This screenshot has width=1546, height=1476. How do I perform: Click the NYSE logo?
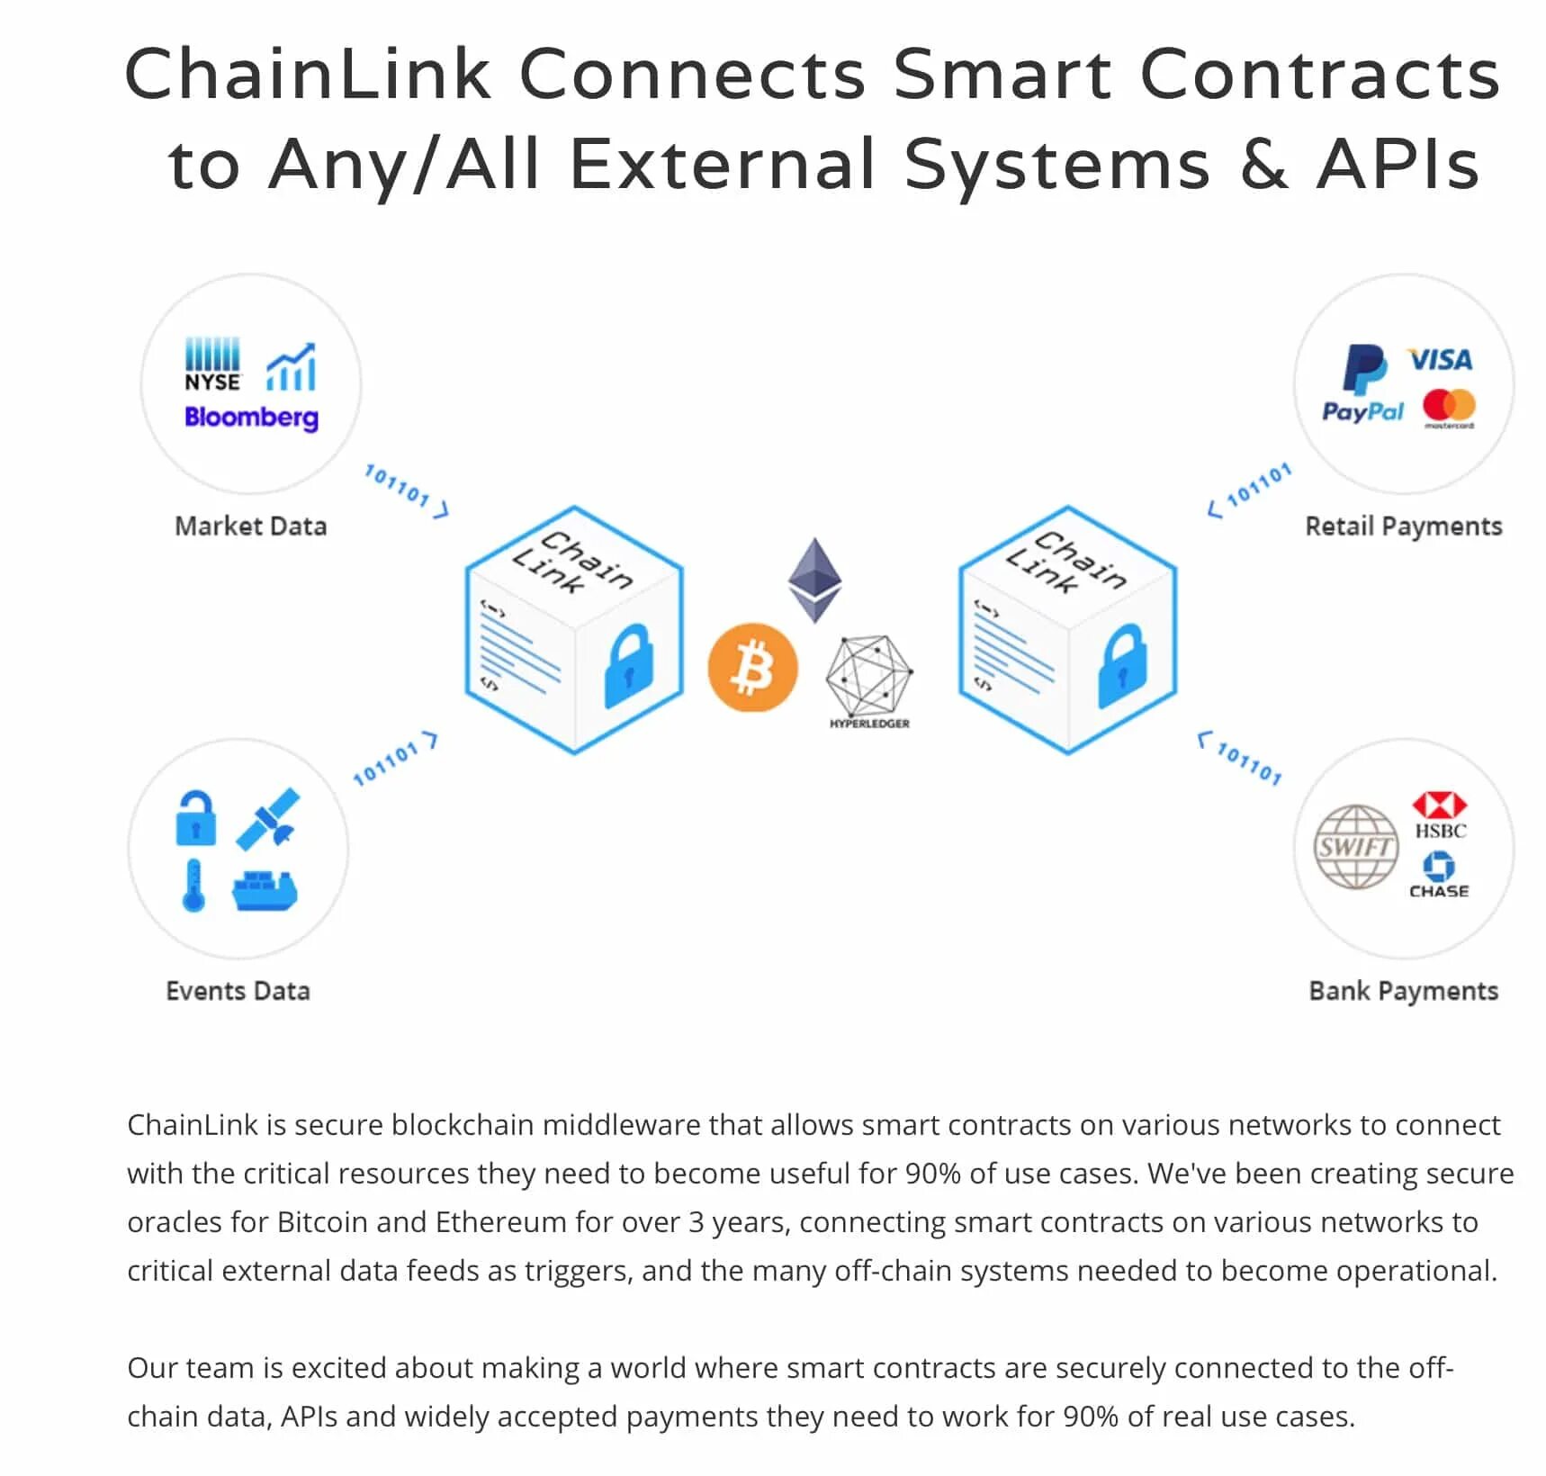pyautogui.click(x=212, y=365)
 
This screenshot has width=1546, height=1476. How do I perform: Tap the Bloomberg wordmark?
pyautogui.click(x=251, y=418)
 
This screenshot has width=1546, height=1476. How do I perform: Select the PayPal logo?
pyautogui.click(x=1362, y=384)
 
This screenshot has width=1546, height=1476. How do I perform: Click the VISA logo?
pyautogui.click(x=1440, y=360)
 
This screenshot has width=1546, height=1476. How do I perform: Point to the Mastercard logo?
pyautogui.click(x=1449, y=408)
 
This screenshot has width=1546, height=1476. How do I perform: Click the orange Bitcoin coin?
pyautogui.click(x=752, y=668)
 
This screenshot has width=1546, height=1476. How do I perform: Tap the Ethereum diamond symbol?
pyautogui.click(x=814, y=580)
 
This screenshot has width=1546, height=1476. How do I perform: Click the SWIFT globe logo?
pyautogui.click(x=1355, y=847)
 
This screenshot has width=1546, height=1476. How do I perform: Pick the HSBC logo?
pyautogui.click(x=1440, y=815)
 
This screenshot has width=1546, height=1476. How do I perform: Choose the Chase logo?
pyautogui.click(x=1439, y=875)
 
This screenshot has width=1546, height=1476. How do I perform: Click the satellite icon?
pyautogui.click(x=268, y=819)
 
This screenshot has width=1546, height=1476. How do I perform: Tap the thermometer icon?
pyautogui.click(x=193, y=886)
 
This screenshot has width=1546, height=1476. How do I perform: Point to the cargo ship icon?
pyautogui.click(x=265, y=890)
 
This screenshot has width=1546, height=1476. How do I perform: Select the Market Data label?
pyautogui.click(x=250, y=526)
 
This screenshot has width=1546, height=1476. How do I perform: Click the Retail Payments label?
pyautogui.click(x=1403, y=526)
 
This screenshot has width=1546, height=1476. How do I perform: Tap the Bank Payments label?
pyautogui.click(x=1403, y=991)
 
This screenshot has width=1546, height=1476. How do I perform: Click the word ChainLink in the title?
pyautogui.click(x=308, y=75)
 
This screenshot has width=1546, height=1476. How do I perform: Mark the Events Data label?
pyautogui.click(x=238, y=991)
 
